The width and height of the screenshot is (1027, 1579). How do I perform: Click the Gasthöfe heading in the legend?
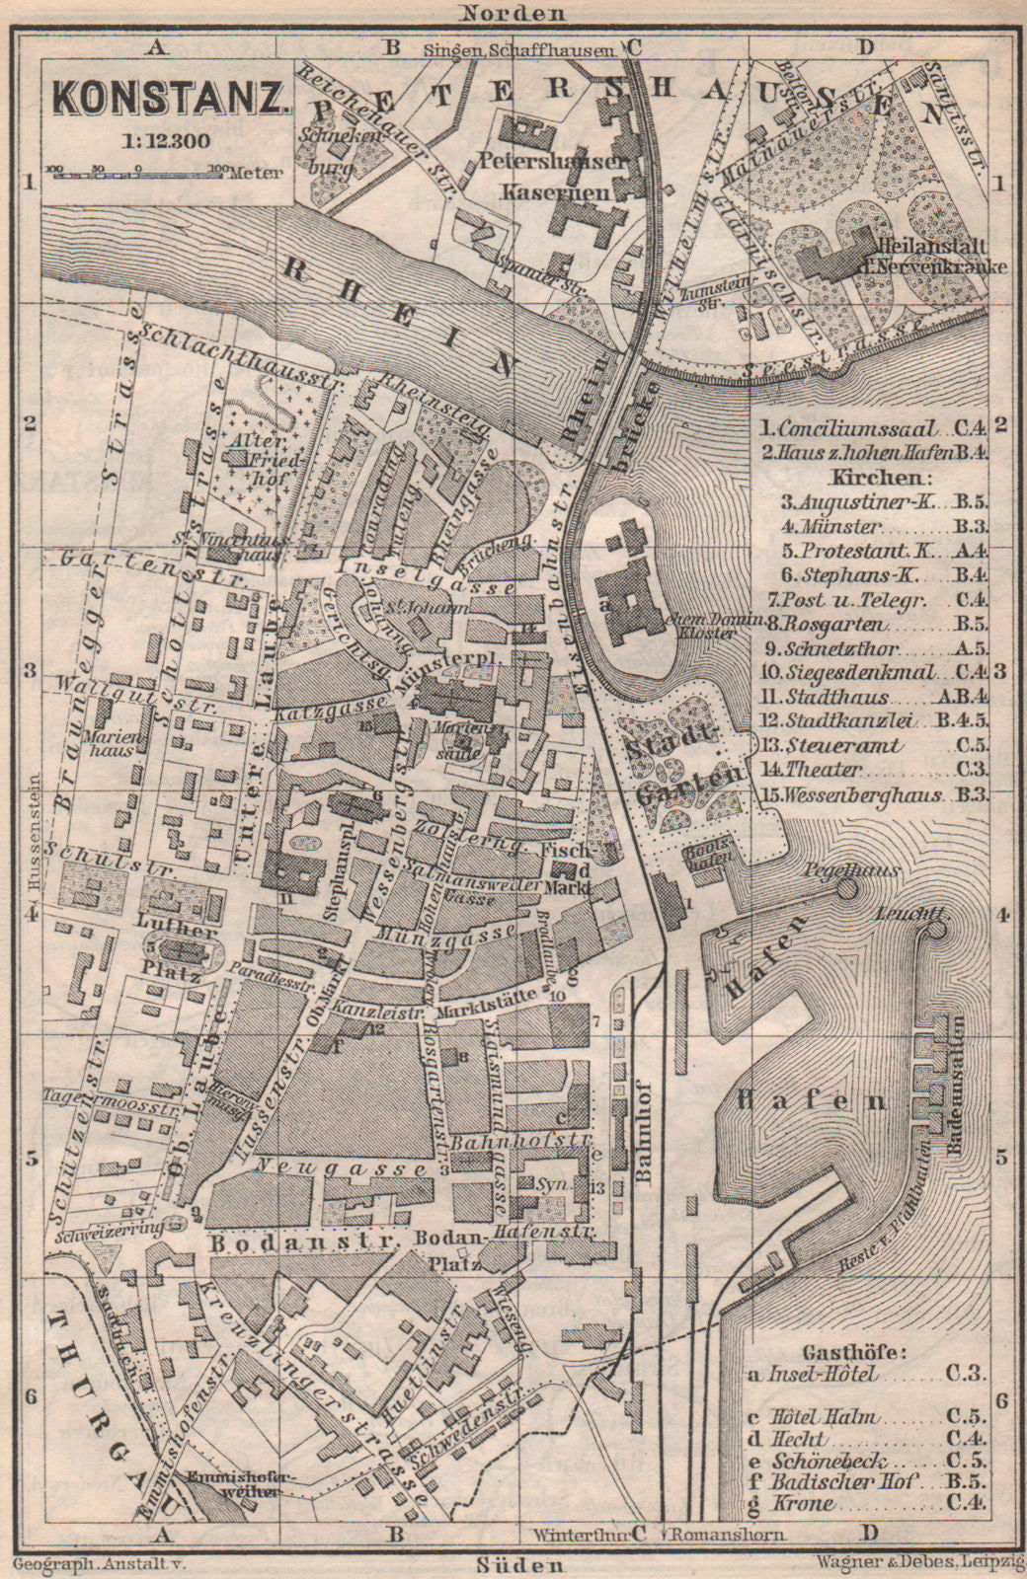[x=858, y=1323]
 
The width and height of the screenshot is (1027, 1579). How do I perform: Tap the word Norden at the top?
[x=512, y=13]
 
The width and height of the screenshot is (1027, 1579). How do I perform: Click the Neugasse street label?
[x=343, y=1166]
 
